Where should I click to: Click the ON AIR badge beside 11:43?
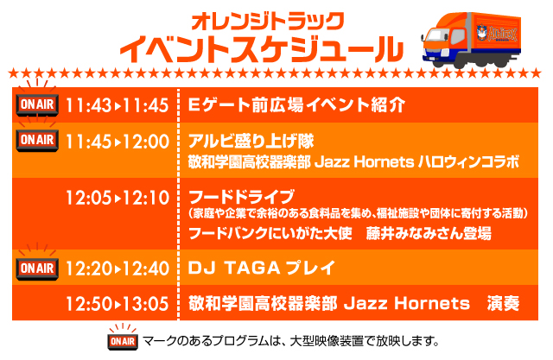pyautogui.click(x=37, y=104)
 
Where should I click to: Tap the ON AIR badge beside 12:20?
pyautogui.click(x=37, y=268)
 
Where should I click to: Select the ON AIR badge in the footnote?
pyautogui.click(x=123, y=341)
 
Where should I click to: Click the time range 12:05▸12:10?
pyautogui.click(x=118, y=198)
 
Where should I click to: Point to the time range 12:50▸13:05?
pyautogui.click(x=118, y=304)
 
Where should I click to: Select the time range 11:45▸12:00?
pyautogui.click(x=118, y=142)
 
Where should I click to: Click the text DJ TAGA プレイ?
pyautogui.click(x=261, y=268)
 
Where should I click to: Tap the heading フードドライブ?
pyautogui.click(x=241, y=197)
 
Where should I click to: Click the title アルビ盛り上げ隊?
pyautogui.click(x=251, y=141)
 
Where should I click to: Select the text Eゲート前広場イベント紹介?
pyautogui.click(x=296, y=104)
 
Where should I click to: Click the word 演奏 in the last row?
pyautogui.click(x=503, y=303)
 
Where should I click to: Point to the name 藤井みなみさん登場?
pyautogui.click(x=429, y=233)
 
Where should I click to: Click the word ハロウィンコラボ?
pyautogui.click(x=468, y=162)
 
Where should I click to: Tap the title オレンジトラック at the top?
pyautogui.click(x=267, y=21)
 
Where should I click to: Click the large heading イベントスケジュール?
pyautogui.click(x=261, y=49)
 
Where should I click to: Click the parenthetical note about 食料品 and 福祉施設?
pyautogui.click(x=358, y=213)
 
